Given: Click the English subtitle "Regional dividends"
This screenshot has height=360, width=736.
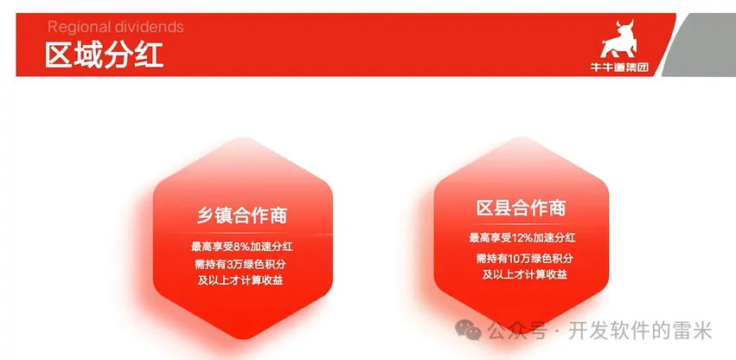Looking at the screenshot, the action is [x=116, y=27].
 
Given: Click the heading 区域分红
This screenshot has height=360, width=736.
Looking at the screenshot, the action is [x=104, y=56].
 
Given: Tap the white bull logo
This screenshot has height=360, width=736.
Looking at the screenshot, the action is [x=619, y=39].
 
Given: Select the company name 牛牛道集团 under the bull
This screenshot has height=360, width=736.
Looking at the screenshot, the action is [x=619, y=67].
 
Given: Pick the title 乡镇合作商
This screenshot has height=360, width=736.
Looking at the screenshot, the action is [x=242, y=216].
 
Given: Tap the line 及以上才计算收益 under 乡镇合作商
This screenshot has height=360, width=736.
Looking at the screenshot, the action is [x=240, y=280].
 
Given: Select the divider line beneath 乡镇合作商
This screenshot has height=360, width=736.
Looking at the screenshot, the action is [x=243, y=234].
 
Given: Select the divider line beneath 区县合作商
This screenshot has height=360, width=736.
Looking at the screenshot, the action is [x=521, y=225].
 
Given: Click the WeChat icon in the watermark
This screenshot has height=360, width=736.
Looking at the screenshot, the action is [x=468, y=330].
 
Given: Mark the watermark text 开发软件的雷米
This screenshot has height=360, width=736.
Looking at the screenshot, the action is [x=640, y=331].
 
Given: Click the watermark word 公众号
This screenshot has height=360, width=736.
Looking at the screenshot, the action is [x=518, y=331].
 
